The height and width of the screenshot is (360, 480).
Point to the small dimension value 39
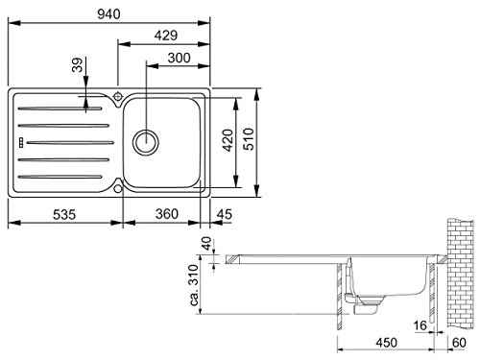pyautogui.click(x=78, y=66)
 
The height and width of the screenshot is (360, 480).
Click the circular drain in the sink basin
pyautogui.click(x=145, y=140)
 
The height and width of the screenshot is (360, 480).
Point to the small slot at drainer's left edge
pyautogui.click(x=19, y=141)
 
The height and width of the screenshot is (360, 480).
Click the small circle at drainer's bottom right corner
pyautogui.click(x=118, y=188)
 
